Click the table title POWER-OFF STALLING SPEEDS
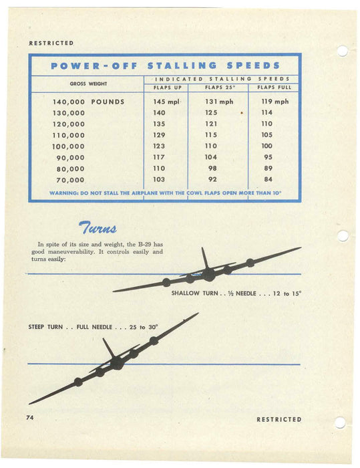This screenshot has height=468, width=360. [x=165, y=66]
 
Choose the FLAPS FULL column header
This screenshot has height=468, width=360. [x=275, y=88]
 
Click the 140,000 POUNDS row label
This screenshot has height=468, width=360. [x=88, y=102]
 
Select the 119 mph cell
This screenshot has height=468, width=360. [x=275, y=102]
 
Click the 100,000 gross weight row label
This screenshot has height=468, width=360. [x=69, y=146]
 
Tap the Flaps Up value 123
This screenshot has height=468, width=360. [x=159, y=146]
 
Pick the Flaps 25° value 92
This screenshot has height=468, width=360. [x=212, y=180]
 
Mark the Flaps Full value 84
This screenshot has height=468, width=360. [x=267, y=180]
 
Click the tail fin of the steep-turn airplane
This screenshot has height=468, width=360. [x=108, y=348]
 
